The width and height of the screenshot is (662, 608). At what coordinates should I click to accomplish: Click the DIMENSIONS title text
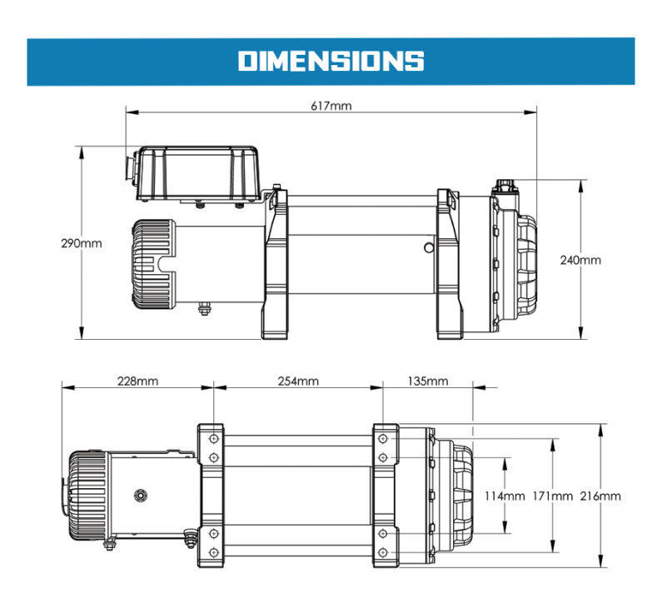click(x=331, y=61)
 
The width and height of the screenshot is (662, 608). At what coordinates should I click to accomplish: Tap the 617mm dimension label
click(x=331, y=107)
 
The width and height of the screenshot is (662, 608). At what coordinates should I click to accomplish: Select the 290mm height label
click(x=81, y=244)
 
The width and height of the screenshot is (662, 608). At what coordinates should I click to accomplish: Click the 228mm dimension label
click(x=137, y=381)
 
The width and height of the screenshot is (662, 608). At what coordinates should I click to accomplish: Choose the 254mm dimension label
click(x=297, y=381)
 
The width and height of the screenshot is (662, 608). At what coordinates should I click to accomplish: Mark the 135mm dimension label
click(x=427, y=381)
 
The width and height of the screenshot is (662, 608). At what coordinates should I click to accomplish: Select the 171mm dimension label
click(x=551, y=496)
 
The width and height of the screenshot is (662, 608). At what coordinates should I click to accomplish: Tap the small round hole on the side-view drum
click(x=427, y=247)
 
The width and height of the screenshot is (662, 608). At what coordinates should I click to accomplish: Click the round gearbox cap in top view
click(x=457, y=496)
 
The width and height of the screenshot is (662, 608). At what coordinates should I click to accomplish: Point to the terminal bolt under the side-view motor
click(x=203, y=309)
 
